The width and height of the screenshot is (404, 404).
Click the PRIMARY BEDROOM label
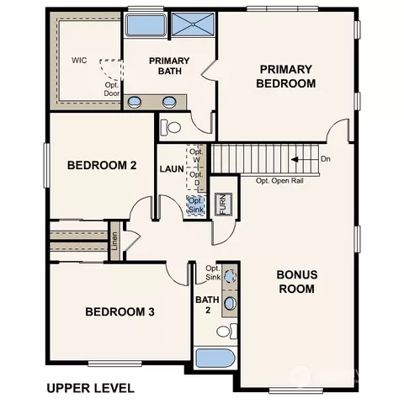pyautogui.click(x=286, y=77)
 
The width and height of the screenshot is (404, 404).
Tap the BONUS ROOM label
pyautogui.click(x=297, y=282)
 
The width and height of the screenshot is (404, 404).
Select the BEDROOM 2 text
pyautogui.click(x=102, y=165)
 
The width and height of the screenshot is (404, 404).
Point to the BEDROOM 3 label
pyautogui.click(x=120, y=311)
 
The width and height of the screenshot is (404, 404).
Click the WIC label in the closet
pyautogui.click(x=79, y=61)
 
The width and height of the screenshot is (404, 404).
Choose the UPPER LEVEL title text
pyautogui.click(x=90, y=388)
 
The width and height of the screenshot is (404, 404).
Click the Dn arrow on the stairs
pyautogui.click(x=295, y=160)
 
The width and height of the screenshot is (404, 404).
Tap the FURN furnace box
pyautogui.click(x=223, y=205)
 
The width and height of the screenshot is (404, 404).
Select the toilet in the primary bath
pyautogui.click(x=170, y=128)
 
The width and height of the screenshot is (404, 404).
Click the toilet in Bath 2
pyautogui.click(x=226, y=332)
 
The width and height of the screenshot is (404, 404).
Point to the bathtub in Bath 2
pyautogui.click(x=215, y=358)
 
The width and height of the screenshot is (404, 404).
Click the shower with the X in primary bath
pyautogui.click(x=193, y=24)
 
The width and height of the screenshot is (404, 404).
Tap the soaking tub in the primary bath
pyautogui.click(x=146, y=24)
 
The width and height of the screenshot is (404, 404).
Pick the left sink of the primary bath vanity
pyautogui.click(x=135, y=102)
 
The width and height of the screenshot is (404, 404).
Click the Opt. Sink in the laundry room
pyautogui.click(x=195, y=205)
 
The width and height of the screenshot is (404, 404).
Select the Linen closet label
pyautogui.click(x=114, y=241)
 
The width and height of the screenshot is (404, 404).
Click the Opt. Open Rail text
pyautogui.click(x=279, y=181)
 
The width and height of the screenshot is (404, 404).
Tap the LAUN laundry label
pyautogui.click(x=172, y=169)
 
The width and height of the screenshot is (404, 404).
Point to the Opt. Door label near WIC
pyautogui.click(x=112, y=89)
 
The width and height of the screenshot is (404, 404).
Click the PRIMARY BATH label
pyautogui.click(x=169, y=66)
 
